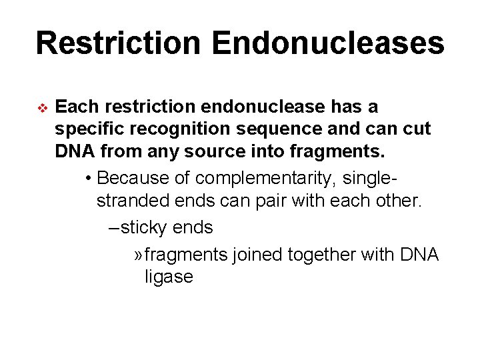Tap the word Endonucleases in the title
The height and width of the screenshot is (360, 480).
tap(327, 43)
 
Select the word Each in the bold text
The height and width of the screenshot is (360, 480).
tap(77, 107)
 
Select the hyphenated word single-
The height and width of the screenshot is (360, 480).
tap(371, 178)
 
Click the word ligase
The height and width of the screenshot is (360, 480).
tap(169, 277)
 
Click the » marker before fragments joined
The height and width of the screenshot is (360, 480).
tap(137, 254)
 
